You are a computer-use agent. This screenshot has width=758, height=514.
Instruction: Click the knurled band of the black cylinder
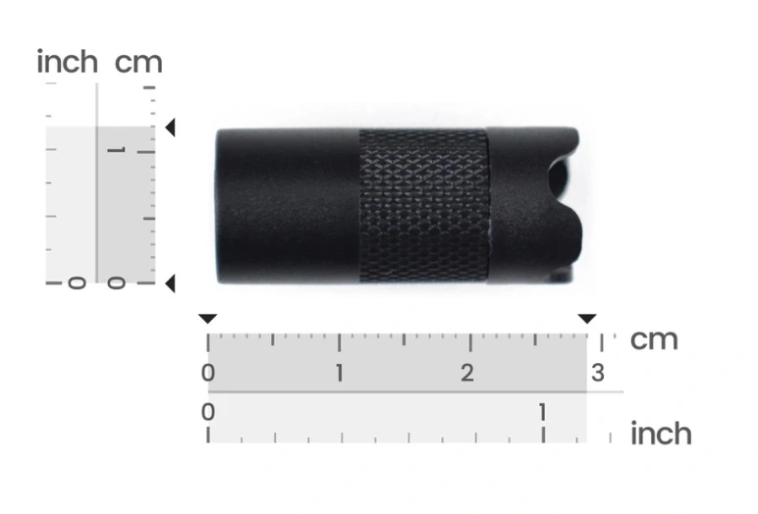click(x=423, y=205)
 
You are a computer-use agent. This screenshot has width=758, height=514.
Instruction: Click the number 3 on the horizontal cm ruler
click(x=598, y=373)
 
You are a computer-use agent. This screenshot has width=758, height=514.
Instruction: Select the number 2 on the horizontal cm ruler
click(x=467, y=373)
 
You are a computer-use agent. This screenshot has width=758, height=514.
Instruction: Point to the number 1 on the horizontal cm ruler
click(x=340, y=373)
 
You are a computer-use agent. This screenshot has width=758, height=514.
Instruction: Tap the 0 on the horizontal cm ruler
click(x=208, y=373)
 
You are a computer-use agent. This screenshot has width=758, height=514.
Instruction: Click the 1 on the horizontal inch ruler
click(x=542, y=413)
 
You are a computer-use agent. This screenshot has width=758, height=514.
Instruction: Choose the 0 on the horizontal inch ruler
click(x=208, y=413)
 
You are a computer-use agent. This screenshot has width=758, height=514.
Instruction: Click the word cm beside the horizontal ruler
click(x=654, y=340)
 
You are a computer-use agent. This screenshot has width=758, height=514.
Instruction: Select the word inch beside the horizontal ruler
click(x=661, y=433)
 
